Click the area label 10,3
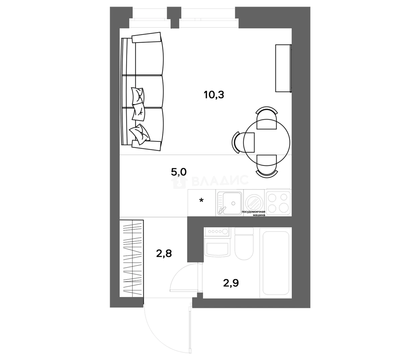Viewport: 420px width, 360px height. pos(214,95)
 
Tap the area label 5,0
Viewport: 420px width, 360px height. pos(179,172)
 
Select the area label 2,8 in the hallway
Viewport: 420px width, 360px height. pos(164,254)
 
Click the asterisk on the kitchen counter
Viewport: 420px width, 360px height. pos(201,201)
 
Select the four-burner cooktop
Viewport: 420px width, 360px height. pos(278,202)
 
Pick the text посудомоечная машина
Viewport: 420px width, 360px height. pos(254,214)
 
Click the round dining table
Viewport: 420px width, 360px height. pos(267,142)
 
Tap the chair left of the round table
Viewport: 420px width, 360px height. pos(243,142)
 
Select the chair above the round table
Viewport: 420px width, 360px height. pos(267,118)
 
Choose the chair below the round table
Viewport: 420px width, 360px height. pos(267,166)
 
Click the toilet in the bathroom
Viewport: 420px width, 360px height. pos(244,243)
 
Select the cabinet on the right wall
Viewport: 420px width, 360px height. pos(283,68)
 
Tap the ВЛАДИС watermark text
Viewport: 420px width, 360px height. pos(220,181)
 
